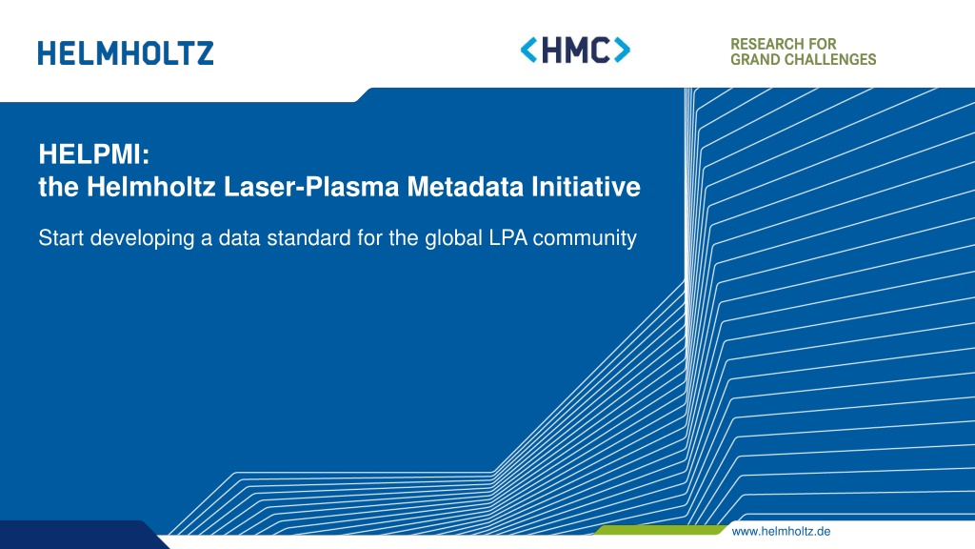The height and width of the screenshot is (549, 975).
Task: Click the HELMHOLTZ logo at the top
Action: click(126, 53)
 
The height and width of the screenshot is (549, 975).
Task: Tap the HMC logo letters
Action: click(576, 50)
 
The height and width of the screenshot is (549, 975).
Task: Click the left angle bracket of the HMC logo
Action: click(528, 50)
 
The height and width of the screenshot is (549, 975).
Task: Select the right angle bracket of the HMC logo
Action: click(623, 50)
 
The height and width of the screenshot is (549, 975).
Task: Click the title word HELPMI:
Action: click(94, 153)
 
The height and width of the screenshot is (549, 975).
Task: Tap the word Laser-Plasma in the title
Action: click(311, 187)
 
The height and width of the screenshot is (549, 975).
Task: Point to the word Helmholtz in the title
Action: click(151, 187)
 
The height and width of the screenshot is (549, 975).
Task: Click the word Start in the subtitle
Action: click(61, 237)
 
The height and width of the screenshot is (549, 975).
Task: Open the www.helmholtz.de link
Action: click(781, 532)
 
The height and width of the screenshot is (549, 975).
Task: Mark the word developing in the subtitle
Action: click(143, 237)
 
